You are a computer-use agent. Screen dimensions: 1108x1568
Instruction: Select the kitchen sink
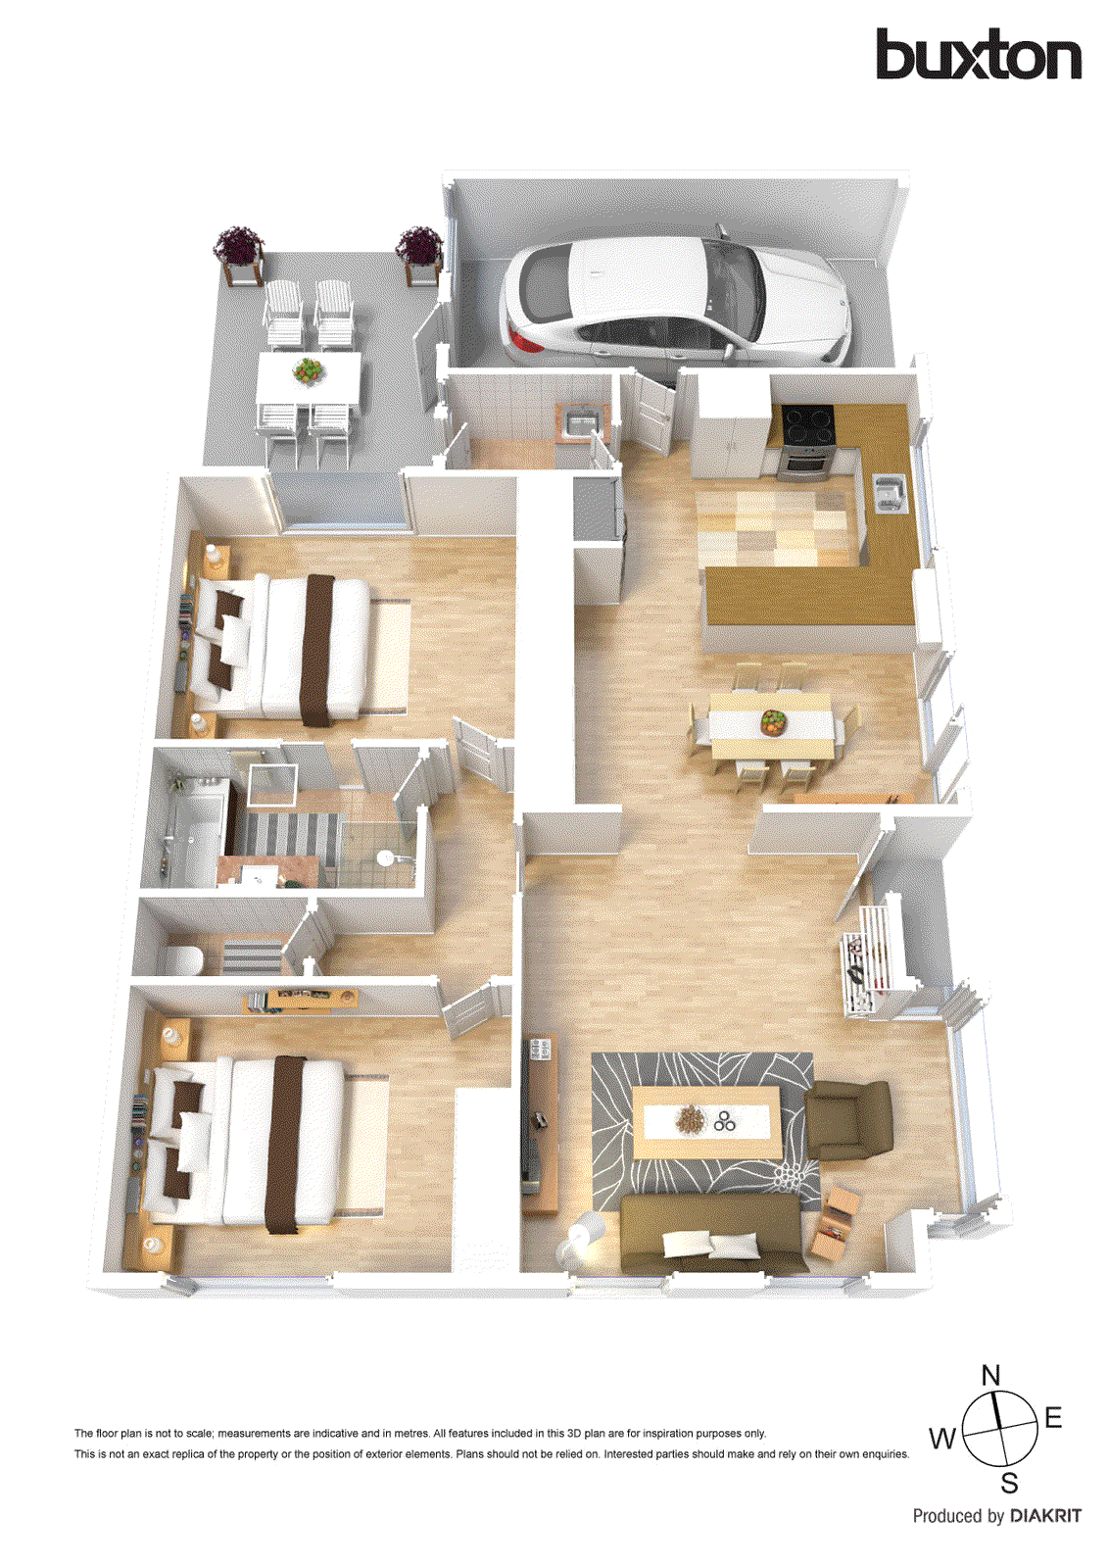click(x=889, y=492)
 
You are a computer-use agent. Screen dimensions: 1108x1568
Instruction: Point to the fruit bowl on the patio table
click(x=309, y=369)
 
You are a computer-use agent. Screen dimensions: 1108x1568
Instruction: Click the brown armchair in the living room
click(x=848, y=1120)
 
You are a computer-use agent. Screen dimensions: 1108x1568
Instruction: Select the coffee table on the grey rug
click(x=706, y=1122)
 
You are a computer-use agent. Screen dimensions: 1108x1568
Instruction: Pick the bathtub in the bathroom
click(x=186, y=840)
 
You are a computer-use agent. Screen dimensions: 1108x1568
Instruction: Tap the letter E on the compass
click(x=1053, y=1417)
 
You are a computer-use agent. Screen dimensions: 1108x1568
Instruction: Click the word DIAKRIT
click(x=1045, y=1516)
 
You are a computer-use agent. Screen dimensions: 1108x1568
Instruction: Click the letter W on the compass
click(x=942, y=1439)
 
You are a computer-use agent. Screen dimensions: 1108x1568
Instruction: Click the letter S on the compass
click(x=1009, y=1483)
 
